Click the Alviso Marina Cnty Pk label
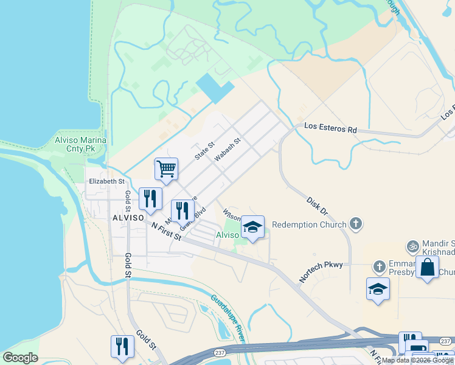click(80, 144)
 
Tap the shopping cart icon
click(166, 169)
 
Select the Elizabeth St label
click(106, 181)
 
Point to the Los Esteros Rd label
click(330, 129)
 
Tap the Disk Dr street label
click(318, 206)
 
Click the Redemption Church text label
click(308, 224)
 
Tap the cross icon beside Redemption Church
click(356, 224)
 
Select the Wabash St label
click(227, 150)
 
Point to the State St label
click(205, 151)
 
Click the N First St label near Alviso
click(167, 232)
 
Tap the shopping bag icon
click(428, 267)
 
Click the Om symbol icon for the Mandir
click(413, 246)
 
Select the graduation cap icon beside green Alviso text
click(253, 227)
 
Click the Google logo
click(20, 358)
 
